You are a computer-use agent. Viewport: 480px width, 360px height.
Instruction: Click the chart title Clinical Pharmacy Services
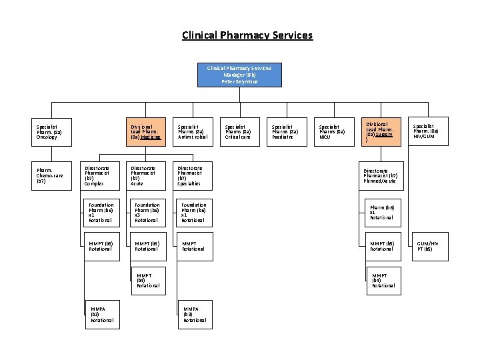click(x=247, y=35)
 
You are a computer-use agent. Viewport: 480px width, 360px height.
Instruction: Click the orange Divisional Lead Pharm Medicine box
click(x=147, y=131)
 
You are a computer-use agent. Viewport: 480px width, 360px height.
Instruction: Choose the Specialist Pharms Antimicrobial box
click(x=193, y=131)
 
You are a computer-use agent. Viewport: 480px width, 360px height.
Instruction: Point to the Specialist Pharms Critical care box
click(x=239, y=131)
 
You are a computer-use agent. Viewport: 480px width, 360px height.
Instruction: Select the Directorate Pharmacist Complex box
click(x=100, y=175)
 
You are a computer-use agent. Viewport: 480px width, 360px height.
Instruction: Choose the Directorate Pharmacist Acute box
click(x=147, y=175)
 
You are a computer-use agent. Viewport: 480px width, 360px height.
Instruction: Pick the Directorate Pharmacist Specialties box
click(x=193, y=175)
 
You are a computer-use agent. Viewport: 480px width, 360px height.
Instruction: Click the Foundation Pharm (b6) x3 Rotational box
click(x=147, y=212)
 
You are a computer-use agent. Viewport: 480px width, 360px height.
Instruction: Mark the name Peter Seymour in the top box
click(x=239, y=81)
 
